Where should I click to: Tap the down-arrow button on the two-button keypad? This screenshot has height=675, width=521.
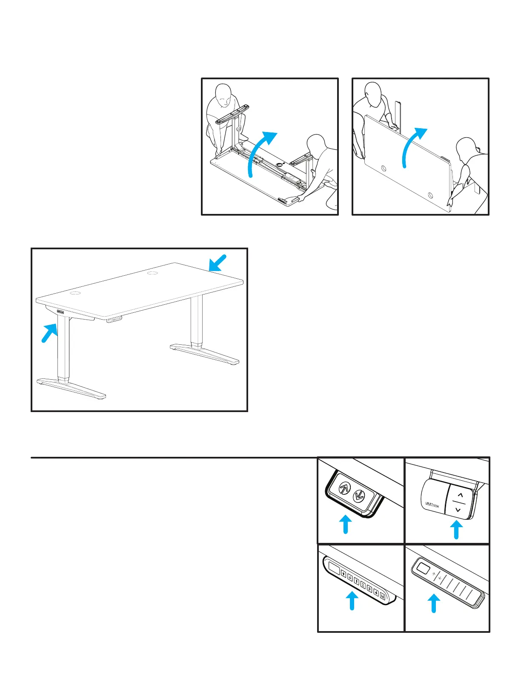coord(359,495)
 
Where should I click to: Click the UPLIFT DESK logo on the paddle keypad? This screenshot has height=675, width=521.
coord(432,505)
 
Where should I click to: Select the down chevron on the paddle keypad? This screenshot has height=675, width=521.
coord(458,510)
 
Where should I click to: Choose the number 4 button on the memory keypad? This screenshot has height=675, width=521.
coord(376,594)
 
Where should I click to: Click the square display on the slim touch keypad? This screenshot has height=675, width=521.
coord(423,568)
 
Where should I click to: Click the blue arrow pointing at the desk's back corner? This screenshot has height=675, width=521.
coord(218,263)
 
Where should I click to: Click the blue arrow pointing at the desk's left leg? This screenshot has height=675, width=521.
coord(50,332)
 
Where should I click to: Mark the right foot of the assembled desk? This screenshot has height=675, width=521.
coord(206,353)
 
